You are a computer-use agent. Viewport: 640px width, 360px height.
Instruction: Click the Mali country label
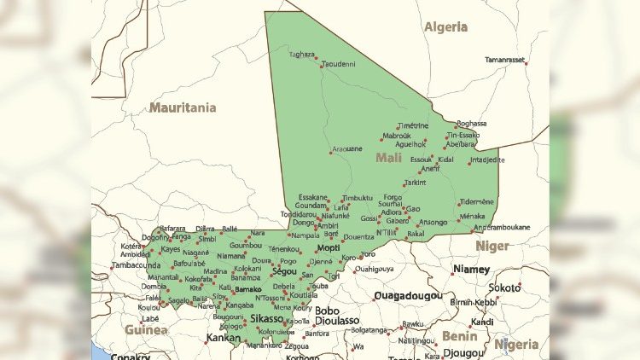click(389, 157)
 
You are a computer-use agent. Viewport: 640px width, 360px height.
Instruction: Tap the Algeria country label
click(446, 26)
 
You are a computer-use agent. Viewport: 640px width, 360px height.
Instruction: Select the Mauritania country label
click(183, 107)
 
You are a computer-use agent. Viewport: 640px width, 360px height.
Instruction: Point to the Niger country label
click(492, 246)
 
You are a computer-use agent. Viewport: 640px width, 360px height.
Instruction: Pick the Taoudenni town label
click(338, 64)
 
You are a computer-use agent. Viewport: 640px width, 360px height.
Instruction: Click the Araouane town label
click(346, 148)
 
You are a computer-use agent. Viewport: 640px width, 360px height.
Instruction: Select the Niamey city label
click(472, 269)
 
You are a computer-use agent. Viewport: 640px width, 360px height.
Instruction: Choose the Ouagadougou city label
click(408, 296)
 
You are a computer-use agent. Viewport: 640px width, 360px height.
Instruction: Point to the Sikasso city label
click(266, 318)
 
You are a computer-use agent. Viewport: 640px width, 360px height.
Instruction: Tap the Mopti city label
click(328, 248)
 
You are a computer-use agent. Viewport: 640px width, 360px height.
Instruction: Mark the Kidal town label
click(446, 160)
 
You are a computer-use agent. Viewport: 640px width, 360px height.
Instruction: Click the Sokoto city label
click(504, 287)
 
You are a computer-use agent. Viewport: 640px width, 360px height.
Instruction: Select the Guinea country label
click(141, 328)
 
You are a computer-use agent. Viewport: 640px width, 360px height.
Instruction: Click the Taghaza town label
click(301, 54)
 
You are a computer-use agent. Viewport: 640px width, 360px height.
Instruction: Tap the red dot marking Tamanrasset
click(527, 62)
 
